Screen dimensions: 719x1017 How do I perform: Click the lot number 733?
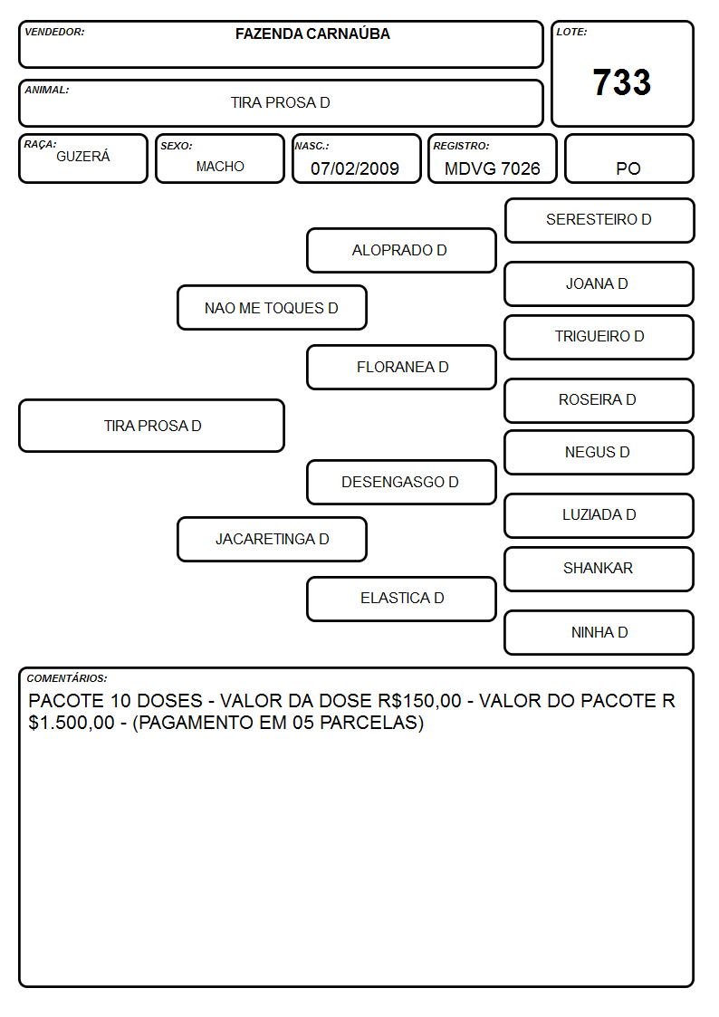[622, 82]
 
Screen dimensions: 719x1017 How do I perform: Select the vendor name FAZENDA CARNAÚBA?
[312, 34]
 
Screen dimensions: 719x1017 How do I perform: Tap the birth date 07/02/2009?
[355, 168]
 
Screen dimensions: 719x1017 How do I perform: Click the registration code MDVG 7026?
[492, 168]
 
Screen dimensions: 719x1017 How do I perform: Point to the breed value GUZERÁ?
[83, 157]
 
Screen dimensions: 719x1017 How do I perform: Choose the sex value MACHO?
[220, 167]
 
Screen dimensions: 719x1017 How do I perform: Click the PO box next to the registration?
[628, 158]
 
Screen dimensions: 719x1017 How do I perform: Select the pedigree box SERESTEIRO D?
[599, 221]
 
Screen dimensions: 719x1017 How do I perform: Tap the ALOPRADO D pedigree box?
[401, 250]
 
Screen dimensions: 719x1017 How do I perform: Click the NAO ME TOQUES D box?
[272, 308]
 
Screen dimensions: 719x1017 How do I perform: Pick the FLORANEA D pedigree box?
[401, 367]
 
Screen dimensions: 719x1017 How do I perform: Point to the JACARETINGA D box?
[272, 539]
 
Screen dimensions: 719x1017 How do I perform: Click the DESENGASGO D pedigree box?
[401, 483]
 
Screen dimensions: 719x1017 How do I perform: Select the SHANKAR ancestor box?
[599, 569]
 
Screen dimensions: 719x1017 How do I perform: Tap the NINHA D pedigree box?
[599, 632]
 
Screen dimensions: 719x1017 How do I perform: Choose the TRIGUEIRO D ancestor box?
[599, 337]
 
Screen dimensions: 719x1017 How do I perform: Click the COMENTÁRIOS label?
[67, 678]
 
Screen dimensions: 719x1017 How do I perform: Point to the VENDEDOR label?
[54, 32]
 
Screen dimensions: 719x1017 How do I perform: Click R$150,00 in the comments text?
[419, 701]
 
